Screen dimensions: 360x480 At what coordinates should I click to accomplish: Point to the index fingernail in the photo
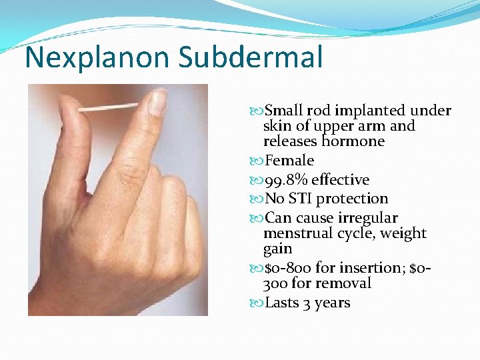coord(157,103)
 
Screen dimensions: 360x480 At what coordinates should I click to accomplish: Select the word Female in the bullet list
coord(289,161)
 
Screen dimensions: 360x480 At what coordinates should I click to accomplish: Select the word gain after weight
coord(277,249)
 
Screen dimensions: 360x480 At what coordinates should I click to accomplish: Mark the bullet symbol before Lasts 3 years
coord(258,303)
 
